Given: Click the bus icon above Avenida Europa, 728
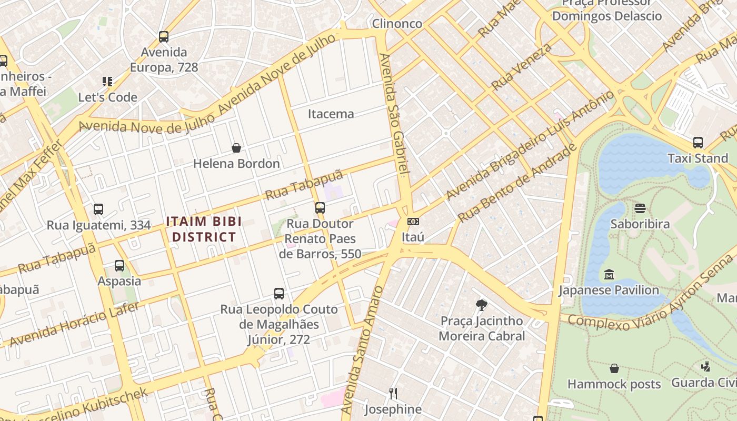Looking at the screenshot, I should coord(164,37).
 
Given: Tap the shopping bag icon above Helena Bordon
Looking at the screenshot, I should coord(236,148).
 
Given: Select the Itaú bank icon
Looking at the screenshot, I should coord(413,222).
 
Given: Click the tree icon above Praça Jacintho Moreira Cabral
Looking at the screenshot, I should coord(481,305).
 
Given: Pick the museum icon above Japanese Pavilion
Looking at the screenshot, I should coord(609,274).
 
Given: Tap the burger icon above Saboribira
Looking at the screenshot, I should coord(640,208).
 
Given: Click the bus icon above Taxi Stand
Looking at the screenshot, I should coord(698,142).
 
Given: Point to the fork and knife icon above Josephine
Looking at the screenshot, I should coord(393,393).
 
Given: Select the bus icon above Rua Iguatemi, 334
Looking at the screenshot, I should coord(98,209).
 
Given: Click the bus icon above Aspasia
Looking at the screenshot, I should coord(119,265).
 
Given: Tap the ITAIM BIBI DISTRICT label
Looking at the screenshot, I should coord(204,229).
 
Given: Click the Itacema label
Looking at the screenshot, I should coord(331,114).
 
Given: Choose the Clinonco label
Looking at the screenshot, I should coord(397,24).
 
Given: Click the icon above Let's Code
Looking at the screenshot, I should coord(107,82).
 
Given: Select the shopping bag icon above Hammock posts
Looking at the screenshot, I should coord(614,368).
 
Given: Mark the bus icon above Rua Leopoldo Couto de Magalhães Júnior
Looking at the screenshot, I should coord(279,293).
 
